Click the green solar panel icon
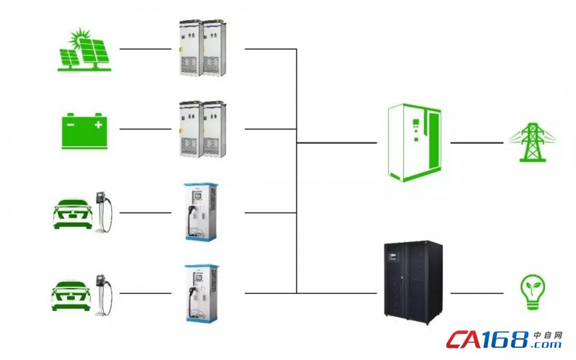pos(84,50)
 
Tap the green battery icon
pos(84,131)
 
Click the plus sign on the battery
pos(98,125)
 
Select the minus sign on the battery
pos(71,125)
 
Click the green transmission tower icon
pos(532,143)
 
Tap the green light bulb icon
pos(533,292)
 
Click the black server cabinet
pos(413,282)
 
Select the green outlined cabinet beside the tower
pos(415,143)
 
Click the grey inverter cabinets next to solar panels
pos(203,48)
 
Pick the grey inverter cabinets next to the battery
pos(203,129)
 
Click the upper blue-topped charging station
pos(201,212)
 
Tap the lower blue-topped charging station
pos(201,293)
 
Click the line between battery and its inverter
pos(145,129)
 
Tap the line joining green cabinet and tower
pos(477,143)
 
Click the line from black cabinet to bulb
pos(477,293)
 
